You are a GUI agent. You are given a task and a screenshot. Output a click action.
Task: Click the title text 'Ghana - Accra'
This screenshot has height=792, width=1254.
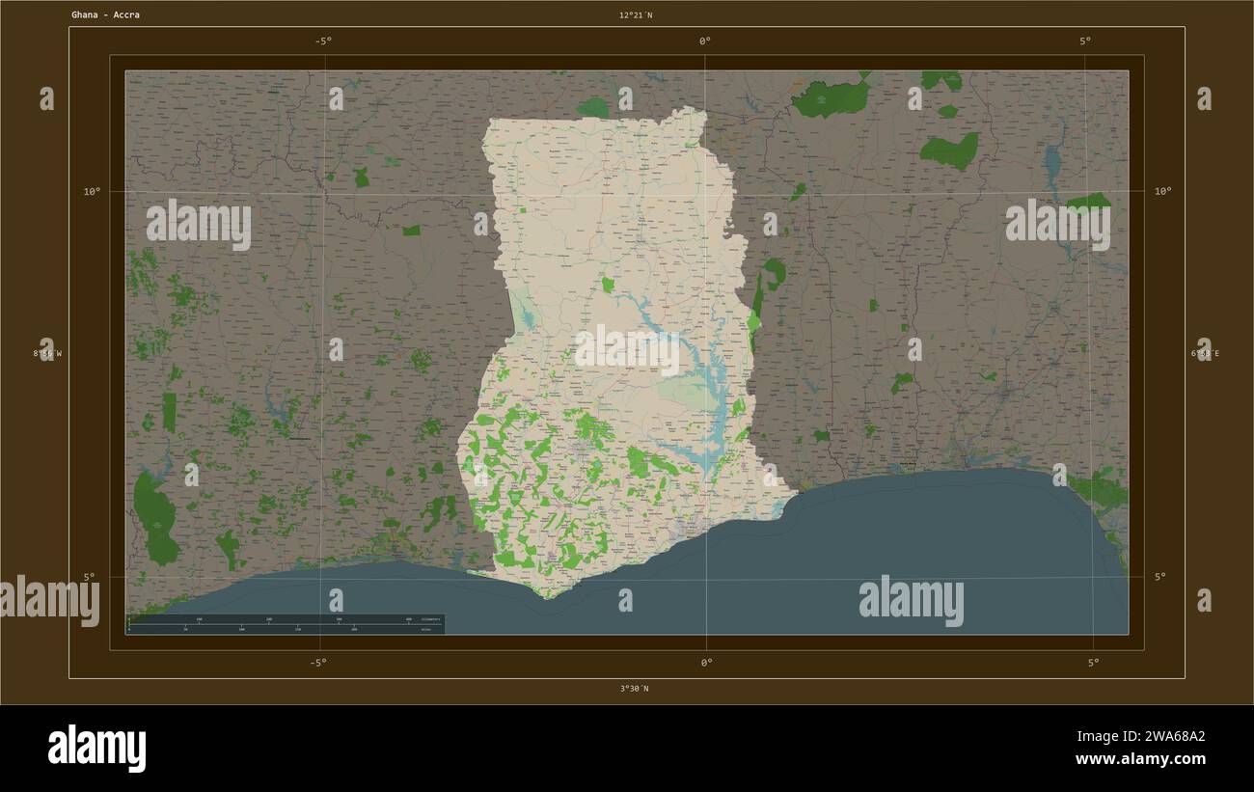(x=104, y=15)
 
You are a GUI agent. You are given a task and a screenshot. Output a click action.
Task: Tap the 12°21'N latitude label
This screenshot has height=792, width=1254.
(x=635, y=15)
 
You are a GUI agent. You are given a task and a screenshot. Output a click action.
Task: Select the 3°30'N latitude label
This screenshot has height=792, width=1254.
(x=634, y=689)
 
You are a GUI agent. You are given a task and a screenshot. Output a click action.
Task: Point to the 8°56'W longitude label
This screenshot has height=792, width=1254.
(x=47, y=354)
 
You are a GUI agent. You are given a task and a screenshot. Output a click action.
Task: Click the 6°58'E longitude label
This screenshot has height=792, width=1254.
(x=1204, y=354)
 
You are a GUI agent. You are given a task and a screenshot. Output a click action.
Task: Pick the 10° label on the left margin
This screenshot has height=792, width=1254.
(x=91, y=192)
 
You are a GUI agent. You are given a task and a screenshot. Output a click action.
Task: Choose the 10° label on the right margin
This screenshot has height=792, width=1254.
(x=1162, y=192)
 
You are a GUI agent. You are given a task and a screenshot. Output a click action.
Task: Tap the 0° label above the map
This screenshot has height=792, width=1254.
(x=705, y=41)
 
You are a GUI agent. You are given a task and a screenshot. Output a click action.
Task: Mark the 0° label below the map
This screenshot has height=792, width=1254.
(x=706, y=663)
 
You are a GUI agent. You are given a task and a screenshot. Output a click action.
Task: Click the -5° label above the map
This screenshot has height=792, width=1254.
(x=322, y=41)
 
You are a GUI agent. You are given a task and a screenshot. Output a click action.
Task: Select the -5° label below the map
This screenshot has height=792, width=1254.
(x=317, y=663)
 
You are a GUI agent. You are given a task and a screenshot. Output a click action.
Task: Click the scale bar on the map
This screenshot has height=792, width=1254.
(x=286, y=624)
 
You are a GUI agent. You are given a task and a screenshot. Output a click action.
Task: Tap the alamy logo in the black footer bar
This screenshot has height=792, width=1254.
(x=96, y=749)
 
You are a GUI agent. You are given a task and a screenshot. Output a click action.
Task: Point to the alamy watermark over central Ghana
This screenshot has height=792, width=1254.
(x=627, y=350)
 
